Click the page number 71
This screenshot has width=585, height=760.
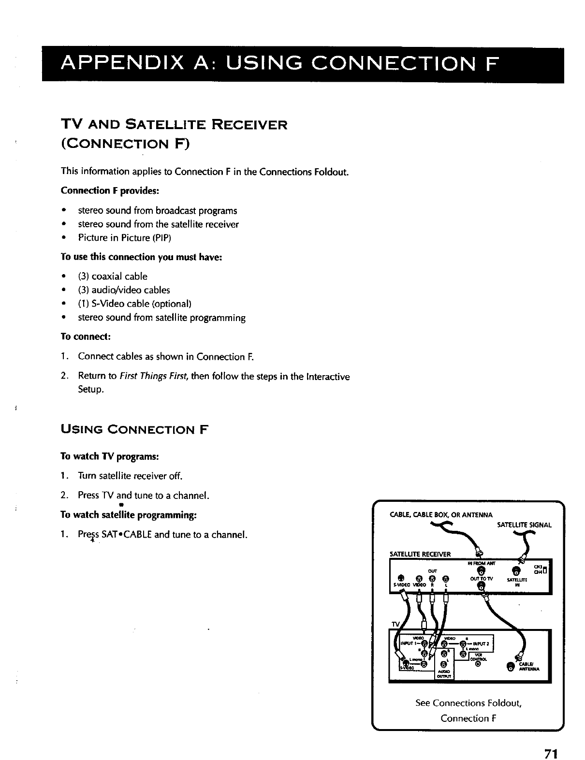coord(551,742)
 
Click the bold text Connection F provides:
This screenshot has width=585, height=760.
coord(109,190)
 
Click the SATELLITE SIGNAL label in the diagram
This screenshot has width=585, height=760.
coord(524,525)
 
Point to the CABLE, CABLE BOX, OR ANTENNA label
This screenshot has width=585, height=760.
coord(441,514)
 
